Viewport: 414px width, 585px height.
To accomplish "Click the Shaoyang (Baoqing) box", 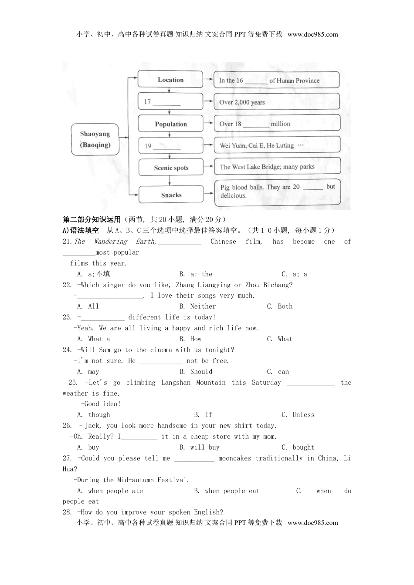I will [x=95, y=139].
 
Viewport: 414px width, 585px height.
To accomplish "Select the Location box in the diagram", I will [x=170, y=80].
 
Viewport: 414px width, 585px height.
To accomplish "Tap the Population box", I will [x=170, y=124].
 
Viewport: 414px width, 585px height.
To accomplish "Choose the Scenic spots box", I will [x=171, y=168].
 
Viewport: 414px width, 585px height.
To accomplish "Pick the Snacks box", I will [x=171, y=195].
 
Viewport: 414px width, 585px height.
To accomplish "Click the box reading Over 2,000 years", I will [x=276, y=102].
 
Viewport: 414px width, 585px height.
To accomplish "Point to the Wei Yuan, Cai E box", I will [x=276, y=145].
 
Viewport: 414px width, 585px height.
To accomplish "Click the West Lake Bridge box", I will [x=276, y=167].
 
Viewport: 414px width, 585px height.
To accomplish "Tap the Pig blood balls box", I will [x=277, y=192].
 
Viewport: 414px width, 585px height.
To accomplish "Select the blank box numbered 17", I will [x=170, y=102].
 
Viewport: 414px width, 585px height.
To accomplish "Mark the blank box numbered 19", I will [x=170, y=146].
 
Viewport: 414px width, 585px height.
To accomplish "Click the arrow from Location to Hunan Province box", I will [x=208, y=80].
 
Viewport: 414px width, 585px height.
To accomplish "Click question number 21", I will [x=67, y=242].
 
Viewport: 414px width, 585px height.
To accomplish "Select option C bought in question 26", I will [x=298, y=447].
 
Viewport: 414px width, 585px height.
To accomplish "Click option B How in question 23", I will [x=190, y=339].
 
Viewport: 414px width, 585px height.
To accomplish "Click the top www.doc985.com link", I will [x=312, y=34].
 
